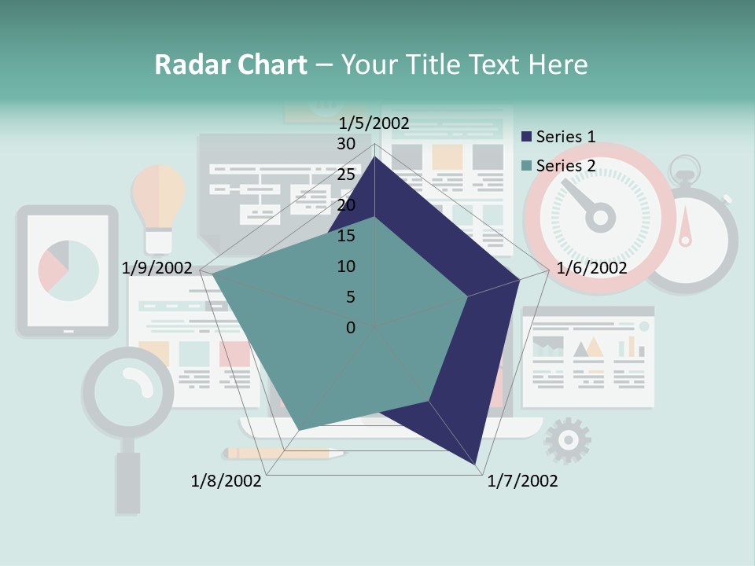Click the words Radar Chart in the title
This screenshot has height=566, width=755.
(230, 64)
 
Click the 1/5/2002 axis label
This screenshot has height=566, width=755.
(374, 123)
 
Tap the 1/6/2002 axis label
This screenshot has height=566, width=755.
(591, 268)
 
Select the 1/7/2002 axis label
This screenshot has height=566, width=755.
(522, 480)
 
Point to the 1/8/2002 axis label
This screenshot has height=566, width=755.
(226, 480)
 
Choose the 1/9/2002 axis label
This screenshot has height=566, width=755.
(157, 268)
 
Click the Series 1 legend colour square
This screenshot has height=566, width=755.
(527, 137)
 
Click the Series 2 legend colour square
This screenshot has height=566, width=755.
(527, 166)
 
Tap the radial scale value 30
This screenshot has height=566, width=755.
(346, 144)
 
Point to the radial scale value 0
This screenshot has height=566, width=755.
(351, 327)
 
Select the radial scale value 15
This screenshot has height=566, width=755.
(346, 236)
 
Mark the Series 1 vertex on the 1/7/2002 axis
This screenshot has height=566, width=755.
(477, 466)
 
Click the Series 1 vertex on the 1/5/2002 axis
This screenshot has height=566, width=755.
(374, 156)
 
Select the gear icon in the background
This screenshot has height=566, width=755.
(567, 441)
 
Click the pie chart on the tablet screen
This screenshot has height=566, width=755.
(68, 271)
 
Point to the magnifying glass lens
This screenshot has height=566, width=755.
(128, 390)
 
